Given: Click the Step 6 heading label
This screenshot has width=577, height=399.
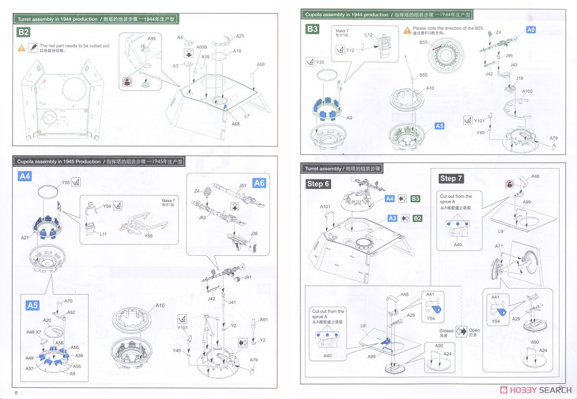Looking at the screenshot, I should coord(318,184).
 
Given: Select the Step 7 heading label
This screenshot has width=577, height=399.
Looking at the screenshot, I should coord(451,179).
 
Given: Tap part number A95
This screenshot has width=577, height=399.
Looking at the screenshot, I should coord(151,39).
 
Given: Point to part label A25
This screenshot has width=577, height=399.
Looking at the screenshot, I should coord(240,36).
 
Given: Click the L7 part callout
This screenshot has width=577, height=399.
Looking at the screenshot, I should coord(247,116).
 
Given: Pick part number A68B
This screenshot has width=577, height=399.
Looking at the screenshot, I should coord(201,47).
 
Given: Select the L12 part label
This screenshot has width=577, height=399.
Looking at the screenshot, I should coord(369,35).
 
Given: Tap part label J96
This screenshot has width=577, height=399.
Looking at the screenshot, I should coord(509,56).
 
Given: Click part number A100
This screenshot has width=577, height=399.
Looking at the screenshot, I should coord(527,91).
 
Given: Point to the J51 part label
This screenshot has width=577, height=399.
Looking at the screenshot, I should coord(243,185).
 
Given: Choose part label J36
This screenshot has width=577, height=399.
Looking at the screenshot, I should coord(254,233).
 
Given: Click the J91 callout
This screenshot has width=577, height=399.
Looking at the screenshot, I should coord(248,277).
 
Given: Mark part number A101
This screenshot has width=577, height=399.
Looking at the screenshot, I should coord(326,207).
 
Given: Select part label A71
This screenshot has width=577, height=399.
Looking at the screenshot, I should coord(499,246).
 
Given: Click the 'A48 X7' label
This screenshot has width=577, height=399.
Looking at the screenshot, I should coord(34,332).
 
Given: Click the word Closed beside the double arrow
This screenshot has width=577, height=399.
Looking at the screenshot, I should coord(446,331).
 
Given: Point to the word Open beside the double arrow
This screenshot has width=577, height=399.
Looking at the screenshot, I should coord(475,331).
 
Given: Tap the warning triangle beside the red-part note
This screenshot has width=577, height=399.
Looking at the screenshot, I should coord(22,48).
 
